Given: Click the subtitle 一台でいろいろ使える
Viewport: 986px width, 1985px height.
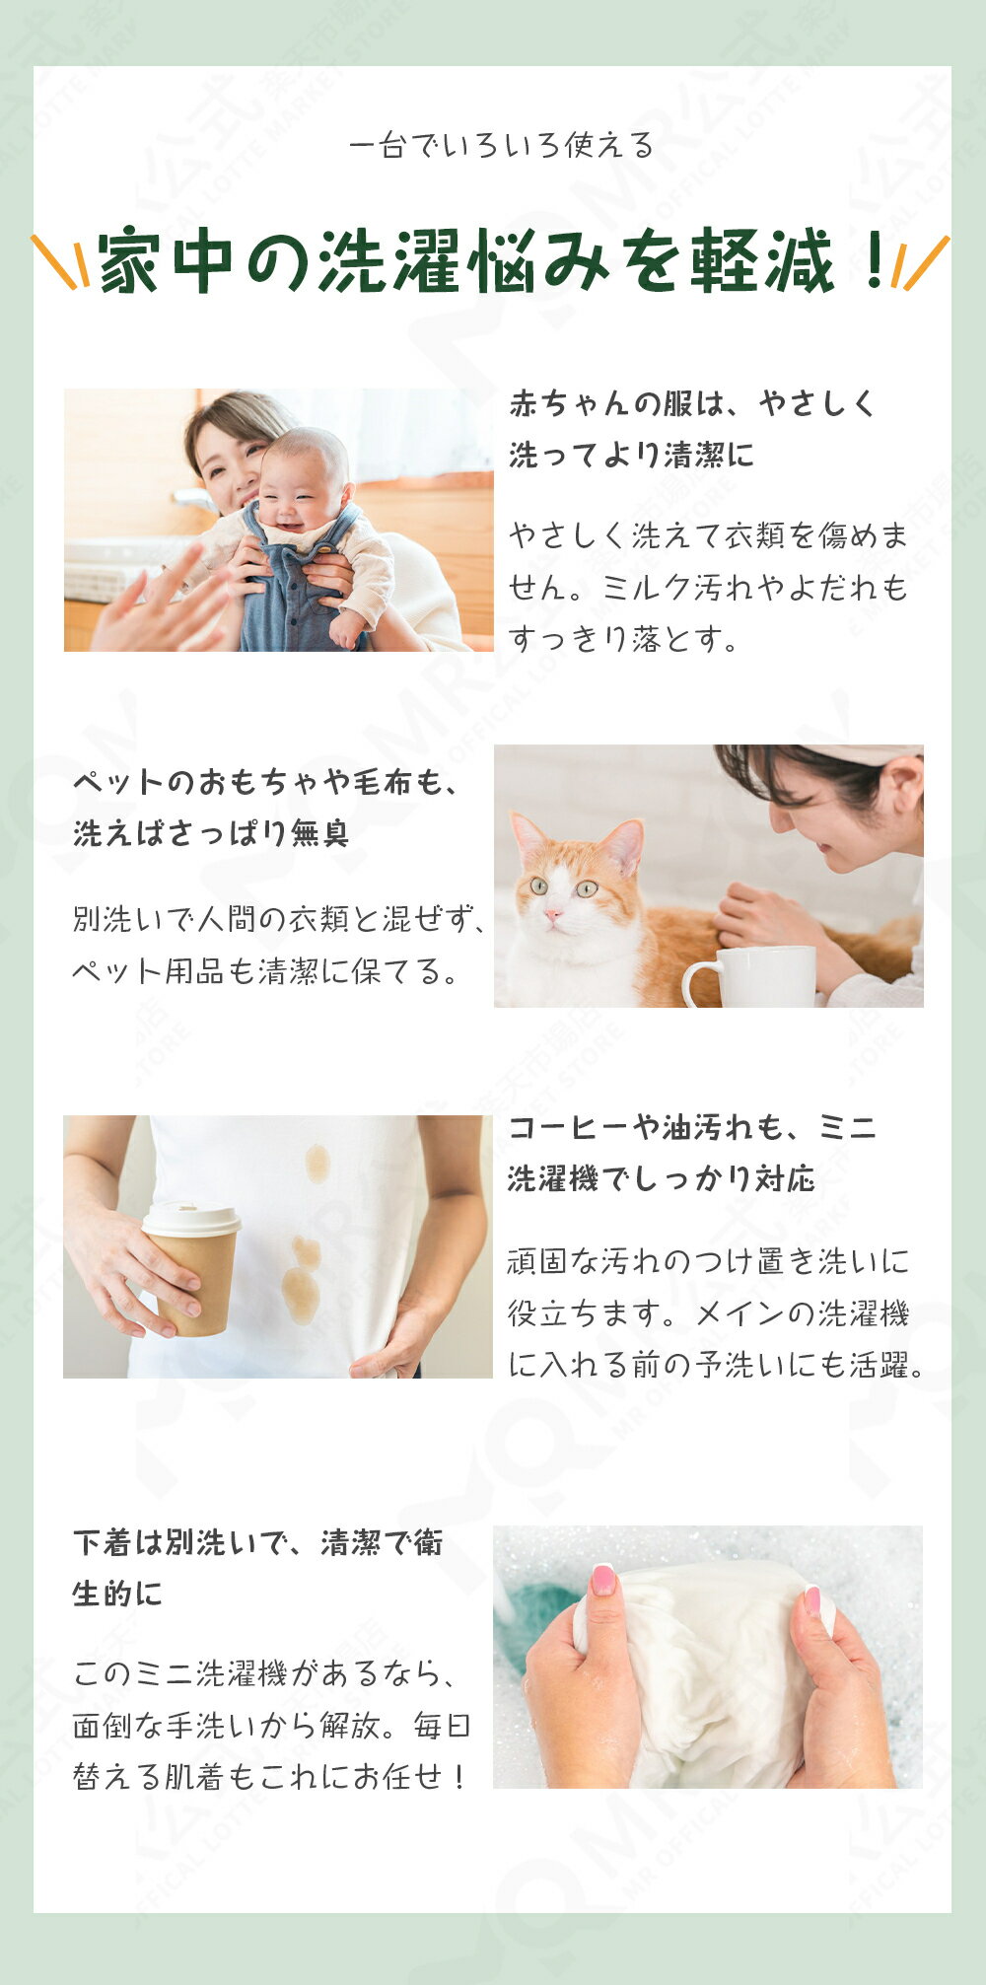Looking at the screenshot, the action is click(x=502, y=146).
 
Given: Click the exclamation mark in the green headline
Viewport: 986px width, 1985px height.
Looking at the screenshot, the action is click(x=874, y=260).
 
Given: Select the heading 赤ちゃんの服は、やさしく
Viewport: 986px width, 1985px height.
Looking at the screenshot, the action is click(x=692, y=403).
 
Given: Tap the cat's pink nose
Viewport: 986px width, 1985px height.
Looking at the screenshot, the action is click(x=554, y=914).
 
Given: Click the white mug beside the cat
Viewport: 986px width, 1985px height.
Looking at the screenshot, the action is click(x=751, y=975).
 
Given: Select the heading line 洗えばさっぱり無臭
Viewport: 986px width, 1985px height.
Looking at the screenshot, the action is click(x=211, y=834).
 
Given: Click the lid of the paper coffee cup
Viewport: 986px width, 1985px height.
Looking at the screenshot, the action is click(x=191, y=1219).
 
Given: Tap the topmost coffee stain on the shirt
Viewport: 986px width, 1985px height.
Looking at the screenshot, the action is click(x=317, y=1163).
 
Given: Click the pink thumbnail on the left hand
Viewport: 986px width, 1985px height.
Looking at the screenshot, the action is click(x=602, y=1579).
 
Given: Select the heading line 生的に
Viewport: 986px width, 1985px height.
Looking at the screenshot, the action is click(x=117, y=1594).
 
